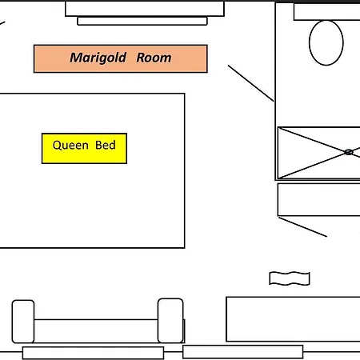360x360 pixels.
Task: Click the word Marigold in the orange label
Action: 98,58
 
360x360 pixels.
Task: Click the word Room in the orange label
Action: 154,58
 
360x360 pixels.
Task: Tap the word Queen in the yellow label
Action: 70,146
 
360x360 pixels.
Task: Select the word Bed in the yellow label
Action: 106,145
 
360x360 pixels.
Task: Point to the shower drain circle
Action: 349,152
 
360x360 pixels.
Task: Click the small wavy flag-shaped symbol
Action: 290,278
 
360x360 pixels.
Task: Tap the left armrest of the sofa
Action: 23,322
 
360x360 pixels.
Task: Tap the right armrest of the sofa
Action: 170,321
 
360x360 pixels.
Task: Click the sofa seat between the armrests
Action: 96,331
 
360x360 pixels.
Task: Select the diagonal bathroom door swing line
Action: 250,83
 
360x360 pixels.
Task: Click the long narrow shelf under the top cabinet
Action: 142,21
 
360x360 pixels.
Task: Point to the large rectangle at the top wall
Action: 145,9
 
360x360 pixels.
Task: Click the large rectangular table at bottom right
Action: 293,319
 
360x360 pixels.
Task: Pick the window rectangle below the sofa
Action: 93,353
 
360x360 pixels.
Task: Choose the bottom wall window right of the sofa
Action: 243,352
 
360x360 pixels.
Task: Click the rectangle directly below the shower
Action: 318,199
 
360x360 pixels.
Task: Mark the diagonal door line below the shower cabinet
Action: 302,227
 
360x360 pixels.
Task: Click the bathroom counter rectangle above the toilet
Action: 327,12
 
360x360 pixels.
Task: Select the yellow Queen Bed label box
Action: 84,148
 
